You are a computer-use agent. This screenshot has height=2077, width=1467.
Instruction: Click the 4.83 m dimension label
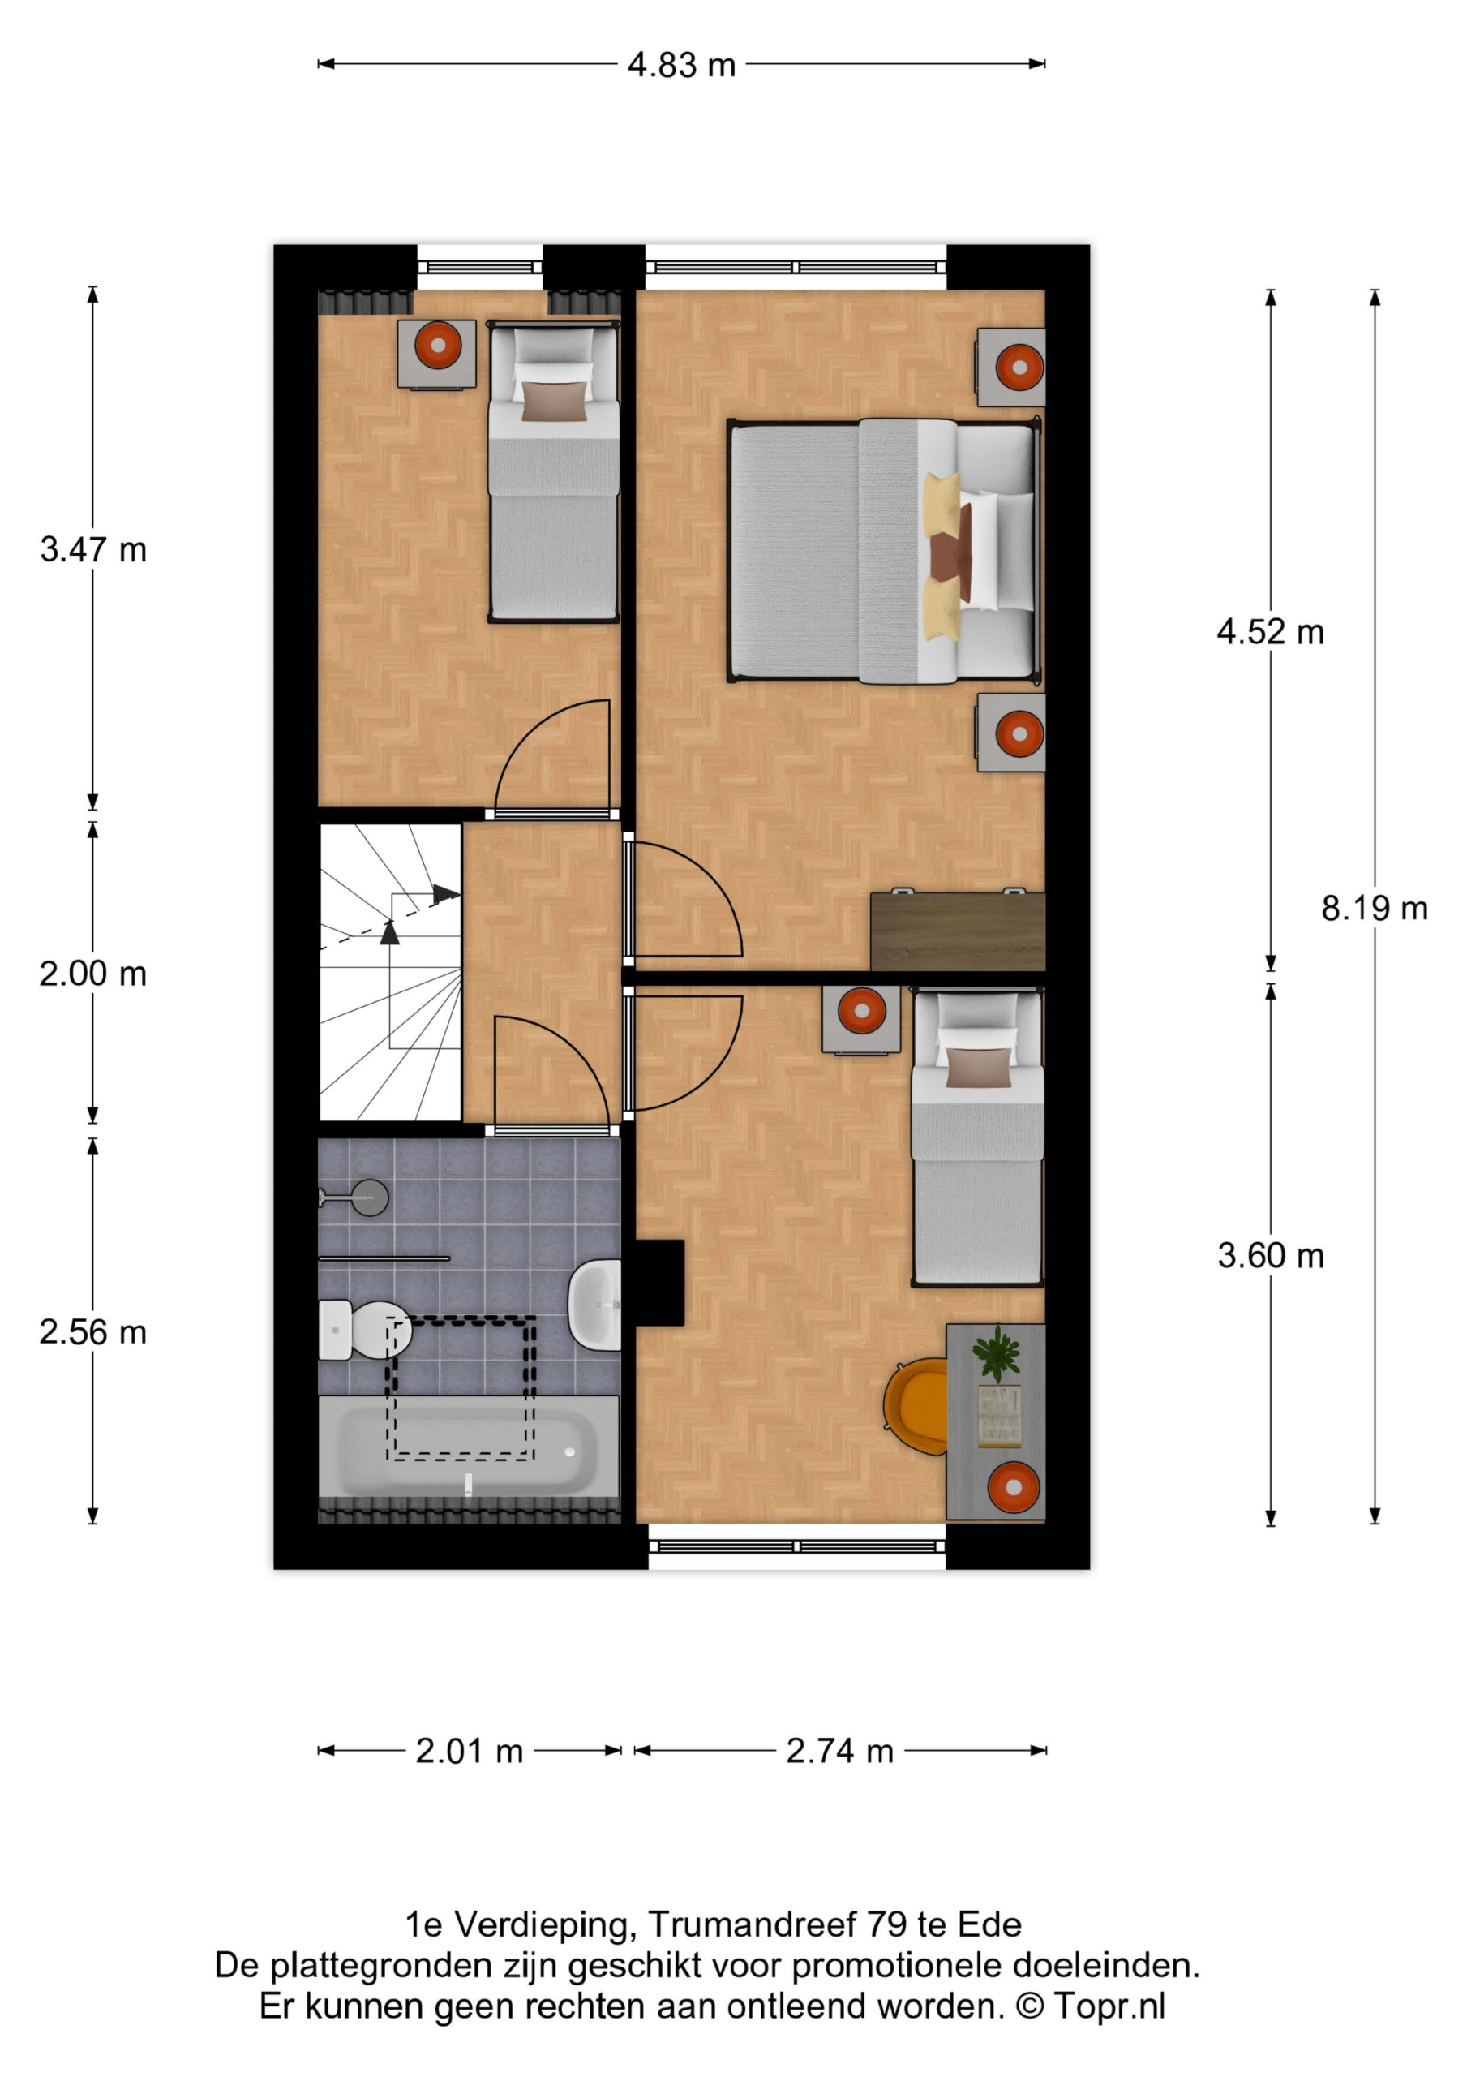pos(681,65)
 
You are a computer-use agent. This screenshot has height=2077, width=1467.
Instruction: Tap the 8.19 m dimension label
pos(1374,907)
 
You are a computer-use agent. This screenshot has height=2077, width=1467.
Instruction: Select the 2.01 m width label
pos(470,1750)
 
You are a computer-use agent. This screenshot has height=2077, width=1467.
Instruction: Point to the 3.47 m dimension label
pos(92,549)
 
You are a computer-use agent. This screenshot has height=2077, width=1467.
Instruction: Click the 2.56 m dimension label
pos(92,1331)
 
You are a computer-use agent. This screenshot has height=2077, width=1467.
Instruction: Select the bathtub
pos(469,1446)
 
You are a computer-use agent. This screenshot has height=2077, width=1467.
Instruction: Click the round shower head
pos(369,1198)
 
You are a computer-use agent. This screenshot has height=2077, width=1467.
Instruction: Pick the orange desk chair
pos(916,1407)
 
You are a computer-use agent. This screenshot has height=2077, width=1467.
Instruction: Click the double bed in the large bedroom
pos(885,551)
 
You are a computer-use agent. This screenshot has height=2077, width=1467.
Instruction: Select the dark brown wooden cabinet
pos(958,931)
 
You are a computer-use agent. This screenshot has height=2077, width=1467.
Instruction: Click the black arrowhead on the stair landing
pos(445,895)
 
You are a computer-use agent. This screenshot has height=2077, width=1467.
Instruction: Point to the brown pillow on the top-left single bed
pos(555,402)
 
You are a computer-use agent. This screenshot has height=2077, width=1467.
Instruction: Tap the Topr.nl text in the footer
pos(1109,2006)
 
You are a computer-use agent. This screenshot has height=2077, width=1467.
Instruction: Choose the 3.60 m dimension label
pos(1270,1256)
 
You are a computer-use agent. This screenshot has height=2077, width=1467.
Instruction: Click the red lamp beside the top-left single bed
pos(439,345)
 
